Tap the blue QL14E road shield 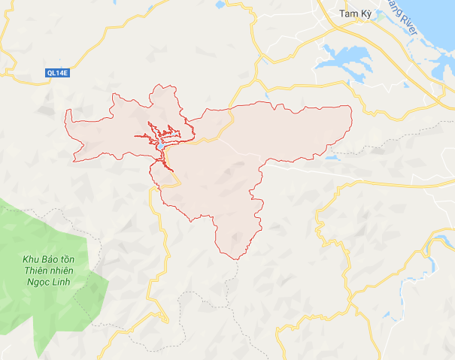tap(53, 73)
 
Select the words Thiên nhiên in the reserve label tap(43, 271)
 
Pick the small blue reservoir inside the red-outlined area tap(162, 140)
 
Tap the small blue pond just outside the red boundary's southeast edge tap(332, 156)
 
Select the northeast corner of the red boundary tap(350, 107)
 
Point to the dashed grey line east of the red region tap(406, 135)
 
